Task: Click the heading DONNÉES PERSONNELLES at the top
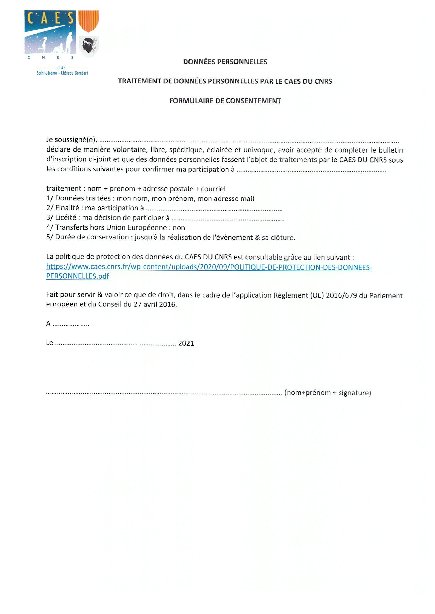225,62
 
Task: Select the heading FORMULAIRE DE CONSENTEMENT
225,101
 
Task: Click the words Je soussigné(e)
71,140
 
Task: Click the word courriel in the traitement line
213,189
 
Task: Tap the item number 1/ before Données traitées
50,198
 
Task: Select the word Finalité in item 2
67,208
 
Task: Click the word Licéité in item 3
66,218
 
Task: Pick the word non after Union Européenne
179,228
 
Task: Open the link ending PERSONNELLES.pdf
77,276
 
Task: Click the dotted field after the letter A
71,324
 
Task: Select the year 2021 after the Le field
186,343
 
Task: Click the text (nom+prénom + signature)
328,393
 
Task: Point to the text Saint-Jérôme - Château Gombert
62,73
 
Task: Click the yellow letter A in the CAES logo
44,18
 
